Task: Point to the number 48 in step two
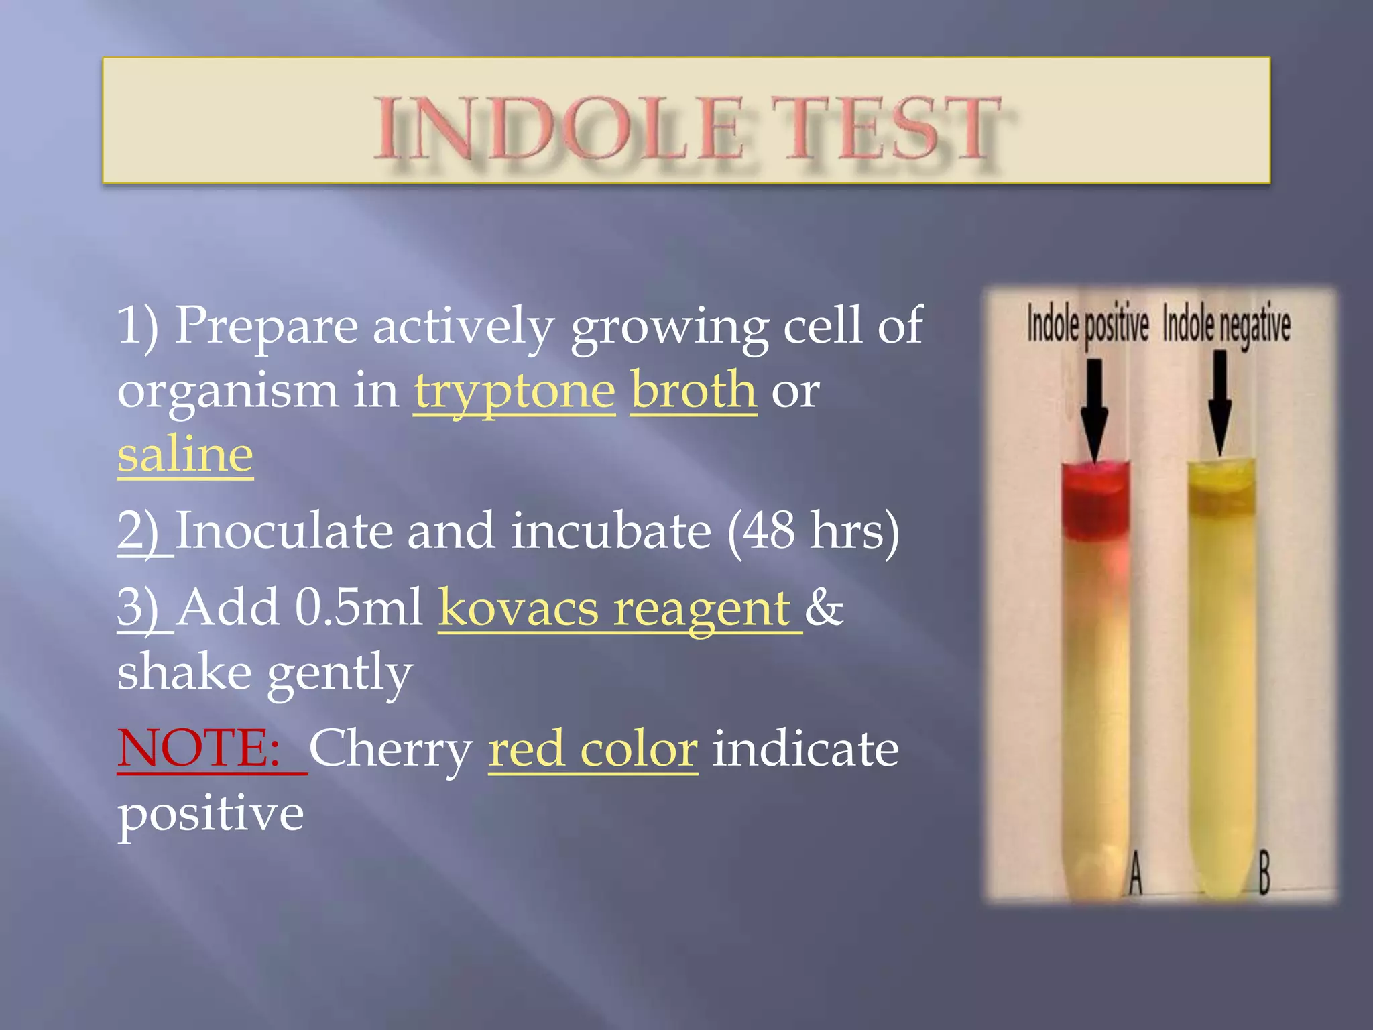point(768,530)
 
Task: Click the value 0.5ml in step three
point(359,607)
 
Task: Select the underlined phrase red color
point(593,749)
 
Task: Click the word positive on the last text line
point(211,813)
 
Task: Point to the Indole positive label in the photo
point(1087,325)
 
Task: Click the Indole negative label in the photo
point(1226,325)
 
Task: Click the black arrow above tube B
point(1220,402)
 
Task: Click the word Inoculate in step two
point(283,530)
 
